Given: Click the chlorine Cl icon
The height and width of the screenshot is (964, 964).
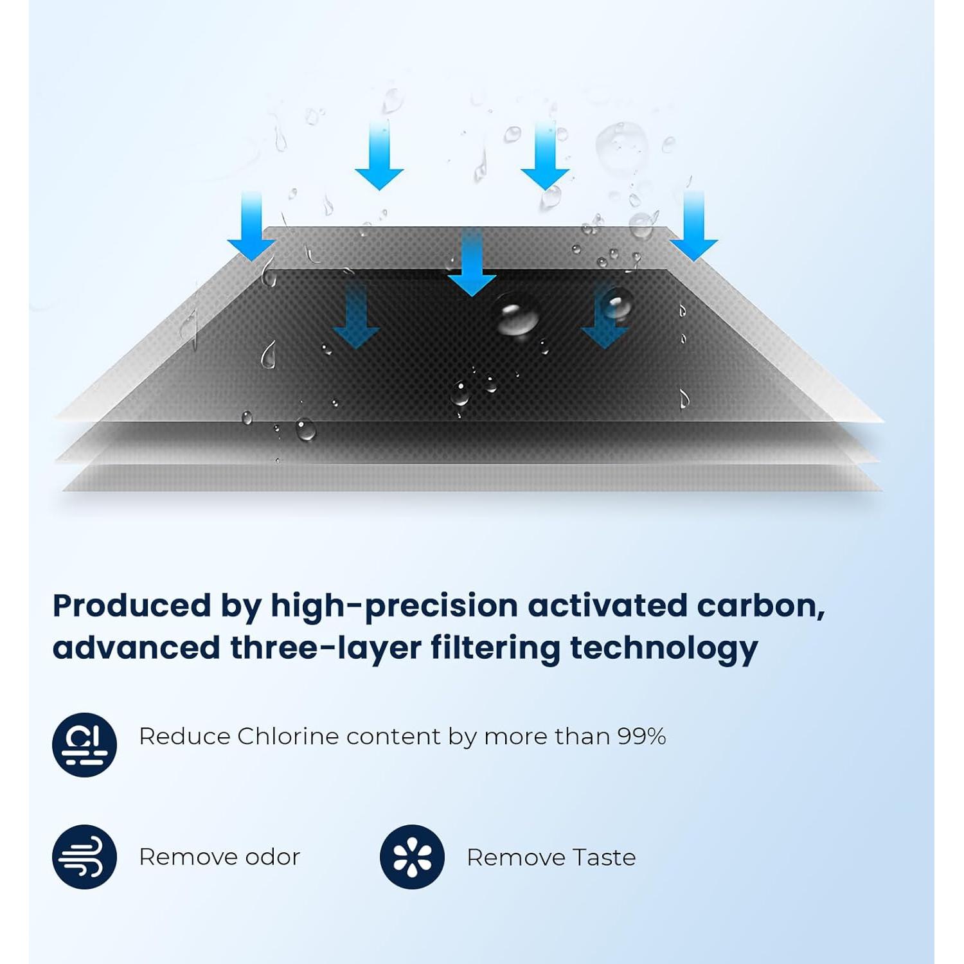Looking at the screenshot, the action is [x=84, y=745].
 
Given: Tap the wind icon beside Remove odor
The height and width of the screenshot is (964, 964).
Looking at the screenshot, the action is [x=84, y=857].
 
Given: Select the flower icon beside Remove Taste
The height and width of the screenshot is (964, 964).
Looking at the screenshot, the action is [x=412, y=857].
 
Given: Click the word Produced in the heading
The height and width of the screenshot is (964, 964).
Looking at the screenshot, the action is [x=132, y=605].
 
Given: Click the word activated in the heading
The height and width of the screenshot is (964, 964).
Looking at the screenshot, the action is [x=607, y=605].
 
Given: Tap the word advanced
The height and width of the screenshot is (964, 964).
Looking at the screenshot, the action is [x=137, y=647].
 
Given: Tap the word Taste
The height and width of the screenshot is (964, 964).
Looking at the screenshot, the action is [x=604, y=857].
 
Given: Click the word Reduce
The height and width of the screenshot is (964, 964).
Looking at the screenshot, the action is [x=184, y=736].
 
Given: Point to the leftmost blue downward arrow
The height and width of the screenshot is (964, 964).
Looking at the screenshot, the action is [x=251, y=226].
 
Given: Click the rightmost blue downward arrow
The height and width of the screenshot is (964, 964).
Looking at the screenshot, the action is [x=694, y=226].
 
